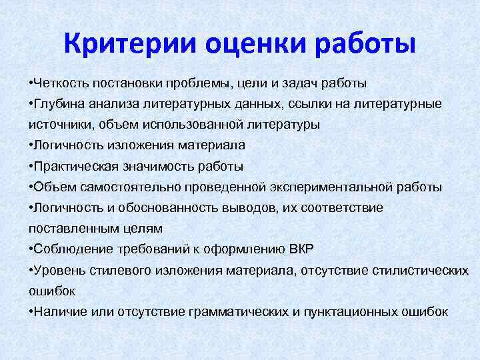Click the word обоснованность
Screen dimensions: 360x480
pos(158,207)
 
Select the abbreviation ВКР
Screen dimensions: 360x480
pos(300,249)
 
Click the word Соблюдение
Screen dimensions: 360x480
pos(69,249)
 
